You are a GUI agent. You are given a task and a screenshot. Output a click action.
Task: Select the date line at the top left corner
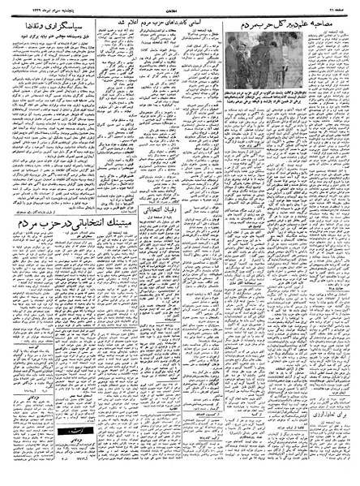pos(32,6)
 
